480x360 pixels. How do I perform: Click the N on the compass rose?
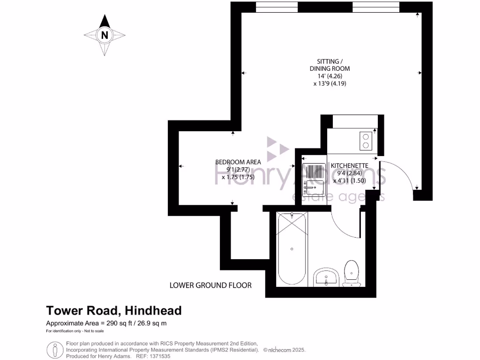pyautogui.click(x=105, y=35)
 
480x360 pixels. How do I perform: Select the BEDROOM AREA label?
pyautogui.click(x=238, y=162)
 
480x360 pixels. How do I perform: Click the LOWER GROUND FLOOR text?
pyautogui.click(x=210, y=285)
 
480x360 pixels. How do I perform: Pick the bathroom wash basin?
pyautogui.click(x=326, y=277)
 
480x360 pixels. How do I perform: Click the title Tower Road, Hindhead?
pyautogui.click(x=113, y=310)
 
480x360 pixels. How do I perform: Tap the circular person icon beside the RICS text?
pyautogui.click(x=55, y=350)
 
